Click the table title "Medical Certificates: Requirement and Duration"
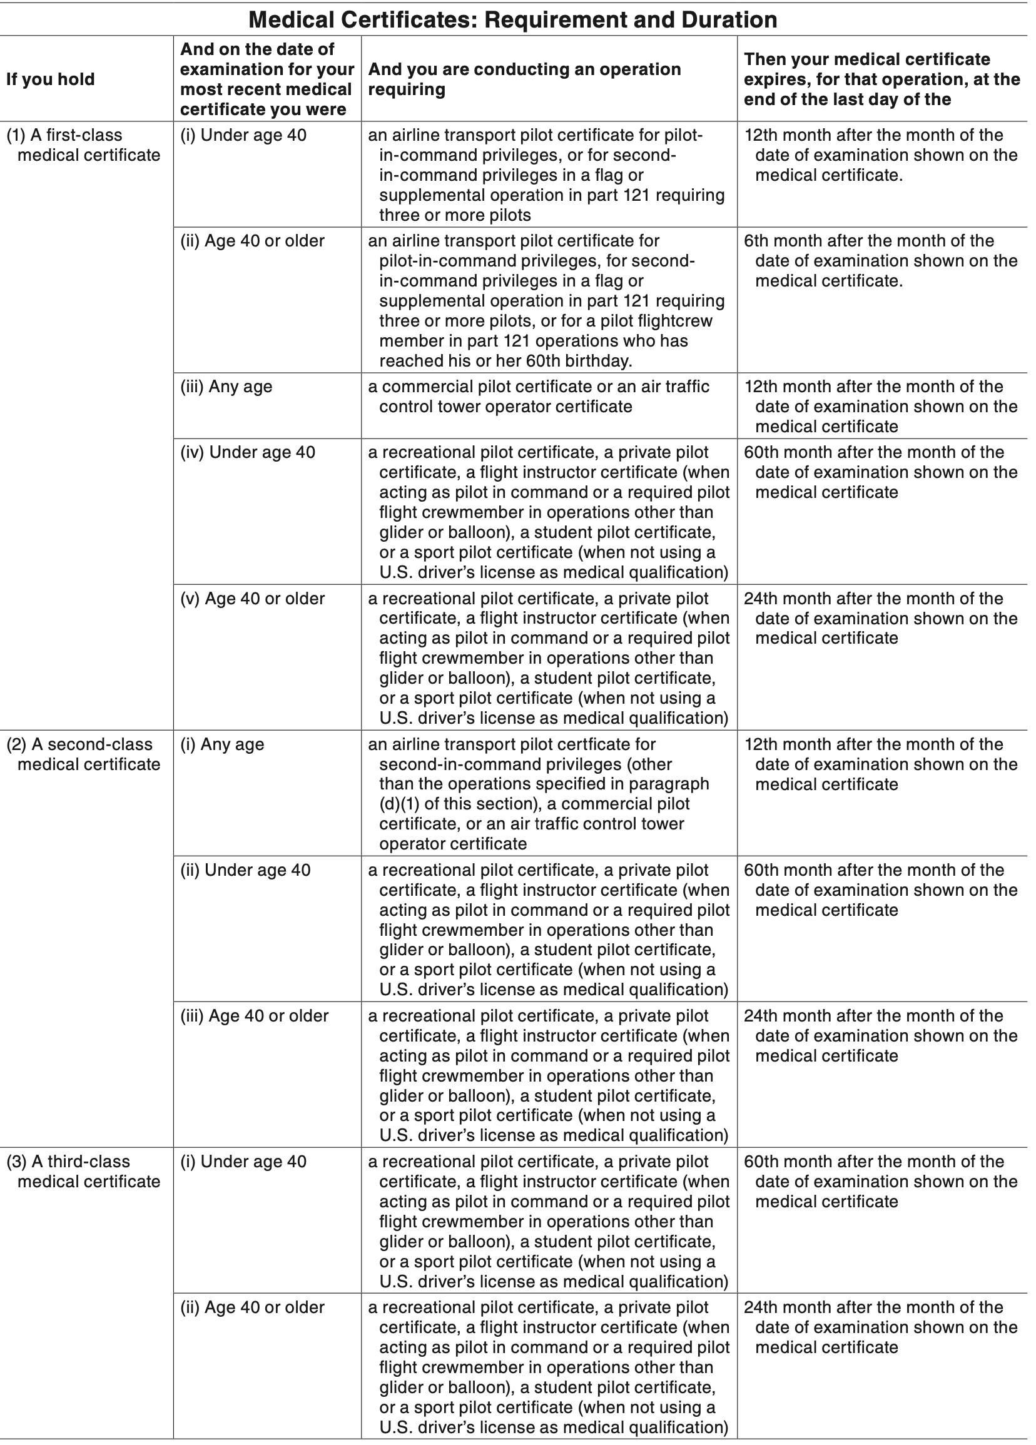coord(512,20)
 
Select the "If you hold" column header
coord(50,79)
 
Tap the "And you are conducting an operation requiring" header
coord(524,79)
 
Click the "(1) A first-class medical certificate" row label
coord(83,145)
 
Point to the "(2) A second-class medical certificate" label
coord(83,754)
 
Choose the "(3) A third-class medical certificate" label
coord(83,1172)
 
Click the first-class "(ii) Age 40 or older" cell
coord(252,241)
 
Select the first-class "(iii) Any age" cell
coord(226,387)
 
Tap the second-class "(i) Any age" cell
coord(221,744)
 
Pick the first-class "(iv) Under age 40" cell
coord(247,452)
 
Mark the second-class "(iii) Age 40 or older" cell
coord(254,1016)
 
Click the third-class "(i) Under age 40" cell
coord(243,1162)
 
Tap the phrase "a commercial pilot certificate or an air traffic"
coord(539,387)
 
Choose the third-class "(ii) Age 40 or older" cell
coord(252,1307)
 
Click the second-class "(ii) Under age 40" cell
coord(245,870)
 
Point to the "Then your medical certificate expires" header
coord(882,79)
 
